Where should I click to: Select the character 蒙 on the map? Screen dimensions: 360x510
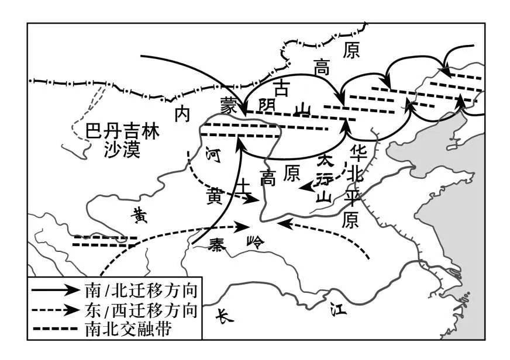tap(228, 106)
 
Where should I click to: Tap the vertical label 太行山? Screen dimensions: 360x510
tap(325, 178)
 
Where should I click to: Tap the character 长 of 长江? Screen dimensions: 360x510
tap(224, 314)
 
